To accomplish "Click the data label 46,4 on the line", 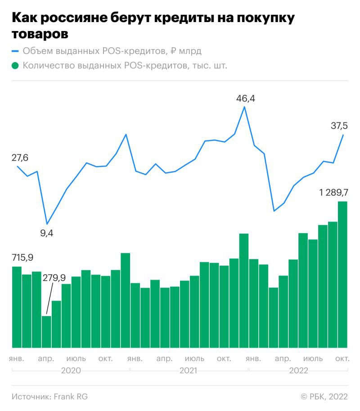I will click(246, 98).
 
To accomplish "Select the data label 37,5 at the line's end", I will click(340, 126).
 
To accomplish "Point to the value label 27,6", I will click(20, 158).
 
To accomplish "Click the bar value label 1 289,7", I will click(333, 193).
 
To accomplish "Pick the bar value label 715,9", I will click(23, 257).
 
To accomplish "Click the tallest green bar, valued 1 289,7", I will click(342, 275).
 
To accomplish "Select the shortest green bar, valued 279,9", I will click(46, 332).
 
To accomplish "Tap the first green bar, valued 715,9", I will click(17, 307).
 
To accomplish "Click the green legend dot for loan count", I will click(15, 66).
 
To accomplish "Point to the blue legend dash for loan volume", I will click(15, 51).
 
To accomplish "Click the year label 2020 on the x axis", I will click(71, 370).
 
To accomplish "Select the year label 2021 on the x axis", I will click(189, 370).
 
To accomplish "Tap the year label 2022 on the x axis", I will click(298, 370).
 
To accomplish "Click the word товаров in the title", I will click(40, 33).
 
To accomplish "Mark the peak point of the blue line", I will click(244, 107).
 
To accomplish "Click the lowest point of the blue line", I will click(47, 224).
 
